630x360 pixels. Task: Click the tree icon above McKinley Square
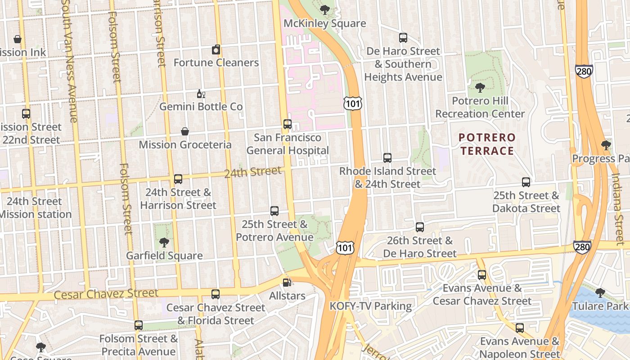coord(324,9)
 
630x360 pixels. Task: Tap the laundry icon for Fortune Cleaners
coord(216,49)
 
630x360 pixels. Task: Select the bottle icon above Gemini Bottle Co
coord(201,94)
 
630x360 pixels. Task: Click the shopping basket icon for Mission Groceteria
coord(184,131)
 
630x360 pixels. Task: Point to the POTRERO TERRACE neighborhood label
coord(487,144)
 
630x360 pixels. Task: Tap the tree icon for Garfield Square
coord(164,243)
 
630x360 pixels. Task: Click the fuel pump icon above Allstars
coord(287,283)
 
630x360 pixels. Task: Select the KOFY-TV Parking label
coord(370,306)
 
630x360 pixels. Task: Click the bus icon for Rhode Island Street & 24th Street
coord(387,158)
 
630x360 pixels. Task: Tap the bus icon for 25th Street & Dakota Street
coord(526,182)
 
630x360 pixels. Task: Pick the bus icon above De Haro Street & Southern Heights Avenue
coord(403,38)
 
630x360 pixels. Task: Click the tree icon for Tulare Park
coord(600,293)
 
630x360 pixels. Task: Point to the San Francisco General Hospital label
coord(288,144)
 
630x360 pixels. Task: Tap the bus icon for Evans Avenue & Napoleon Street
coord(520,328)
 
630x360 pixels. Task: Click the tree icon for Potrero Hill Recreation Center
coord(480,87)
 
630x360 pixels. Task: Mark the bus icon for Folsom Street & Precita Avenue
coord(139,325)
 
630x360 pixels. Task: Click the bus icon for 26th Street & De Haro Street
coord(420,227)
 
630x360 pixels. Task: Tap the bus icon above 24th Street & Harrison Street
coord(178,179)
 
